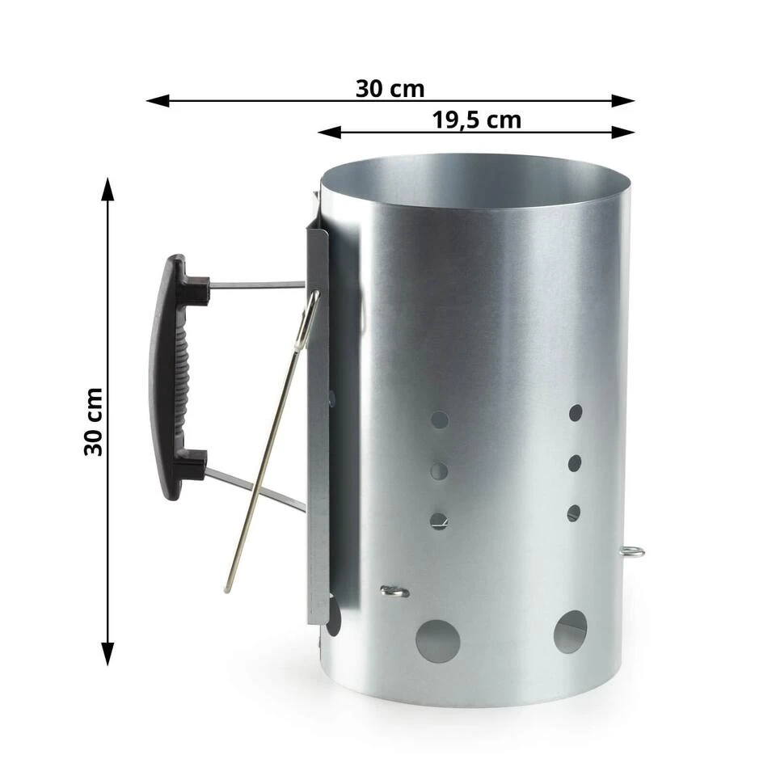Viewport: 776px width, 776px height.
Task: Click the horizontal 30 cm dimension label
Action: pos(390,89)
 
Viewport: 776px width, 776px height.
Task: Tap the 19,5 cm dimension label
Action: pos(477,120)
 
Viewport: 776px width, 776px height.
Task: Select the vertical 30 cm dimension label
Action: pos(93,422)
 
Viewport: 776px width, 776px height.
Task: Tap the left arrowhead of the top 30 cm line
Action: pos(158,101)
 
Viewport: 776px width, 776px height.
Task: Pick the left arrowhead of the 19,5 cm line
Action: pos(329,132)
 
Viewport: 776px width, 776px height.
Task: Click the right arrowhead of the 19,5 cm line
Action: pos(623,132)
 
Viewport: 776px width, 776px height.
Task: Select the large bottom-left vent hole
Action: pos(438,641)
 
